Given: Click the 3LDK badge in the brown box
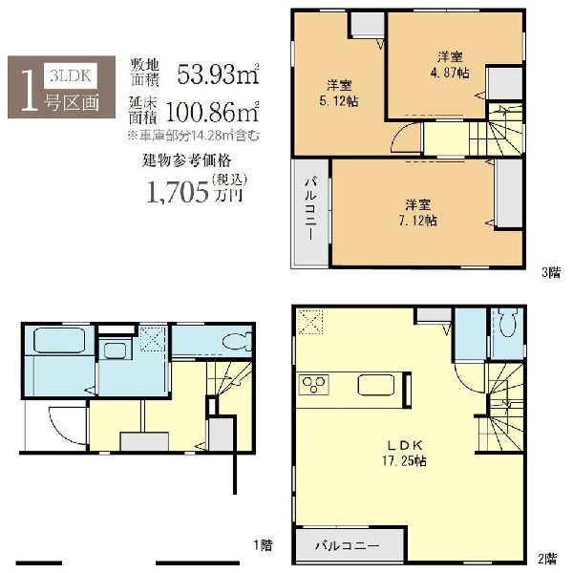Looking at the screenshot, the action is click(70, 75).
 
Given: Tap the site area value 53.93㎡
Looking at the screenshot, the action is click(218, 74).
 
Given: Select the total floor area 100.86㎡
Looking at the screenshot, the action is click(212, 112).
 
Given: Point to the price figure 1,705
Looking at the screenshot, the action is click(178, 193).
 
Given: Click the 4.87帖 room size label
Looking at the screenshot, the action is click(450, 73).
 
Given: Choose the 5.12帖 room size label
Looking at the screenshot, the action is click(339, 101).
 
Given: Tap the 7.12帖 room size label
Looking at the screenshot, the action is click(417, 221).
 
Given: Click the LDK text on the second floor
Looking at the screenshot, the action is click(405, 445).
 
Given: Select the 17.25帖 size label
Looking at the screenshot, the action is click(405, 461).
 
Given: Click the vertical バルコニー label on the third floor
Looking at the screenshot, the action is click(311, 209).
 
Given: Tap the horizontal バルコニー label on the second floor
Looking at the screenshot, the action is click(348, 546).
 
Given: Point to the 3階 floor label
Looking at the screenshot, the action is click(551, 272).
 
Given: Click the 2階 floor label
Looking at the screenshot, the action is click(547, 559).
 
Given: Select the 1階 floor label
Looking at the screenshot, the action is click(264, 545).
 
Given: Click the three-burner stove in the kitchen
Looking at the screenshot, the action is click(313, 385).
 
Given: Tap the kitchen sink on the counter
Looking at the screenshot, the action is click(376, 386).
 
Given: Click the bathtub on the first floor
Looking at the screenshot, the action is click(59, 341).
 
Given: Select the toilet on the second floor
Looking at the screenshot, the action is click(506, 322).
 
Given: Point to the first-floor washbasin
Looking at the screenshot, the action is click(115, 350).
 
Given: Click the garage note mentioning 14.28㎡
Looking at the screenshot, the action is click(194, 136).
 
